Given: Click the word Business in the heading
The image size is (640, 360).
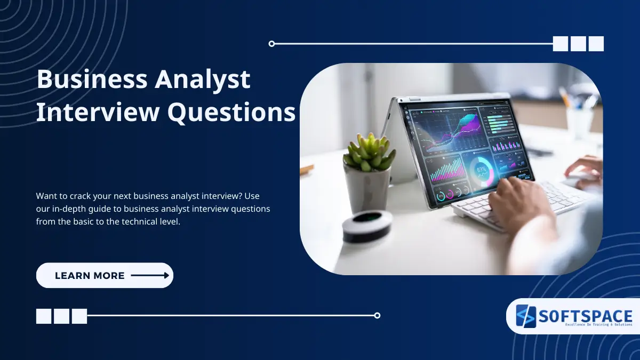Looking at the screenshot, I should click(x=92, y=80).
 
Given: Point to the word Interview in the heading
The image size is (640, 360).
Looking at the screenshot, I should click(x=98, y=113).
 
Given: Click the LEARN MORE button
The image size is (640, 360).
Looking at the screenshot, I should click(x=105, y=276).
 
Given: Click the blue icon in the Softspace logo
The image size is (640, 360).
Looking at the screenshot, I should click(x=525, y=316).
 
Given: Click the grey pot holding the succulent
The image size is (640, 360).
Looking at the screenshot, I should click(x=367, y=186).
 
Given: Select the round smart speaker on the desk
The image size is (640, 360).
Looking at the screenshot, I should click(x=366, y=224).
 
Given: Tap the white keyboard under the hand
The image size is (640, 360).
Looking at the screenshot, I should click(x=512, y=203).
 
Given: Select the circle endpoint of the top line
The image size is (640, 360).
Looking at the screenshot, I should click(x=271, y=44).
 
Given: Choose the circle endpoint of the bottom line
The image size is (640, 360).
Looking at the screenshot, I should click(x=377, y=315).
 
